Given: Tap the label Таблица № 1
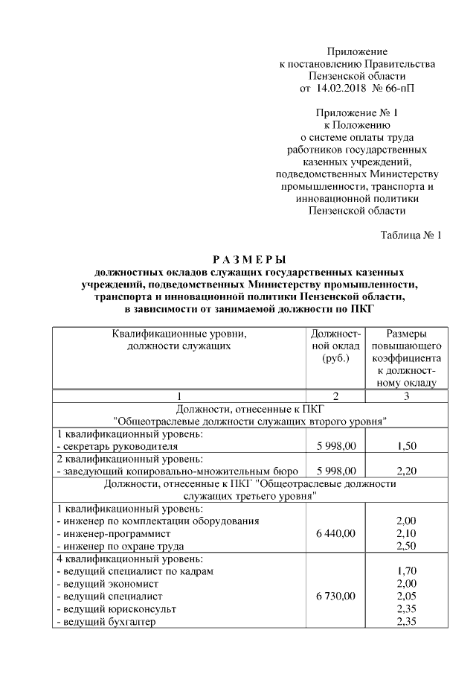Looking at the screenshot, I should [411, 235].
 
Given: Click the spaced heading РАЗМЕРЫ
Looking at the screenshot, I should [249, 260].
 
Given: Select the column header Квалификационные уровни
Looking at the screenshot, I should [179, 334].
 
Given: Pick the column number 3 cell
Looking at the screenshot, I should [406, 395].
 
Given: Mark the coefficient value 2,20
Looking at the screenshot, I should [406, 471].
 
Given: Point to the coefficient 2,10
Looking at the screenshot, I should [406, 533].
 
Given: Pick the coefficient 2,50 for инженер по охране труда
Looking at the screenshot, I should [406, 546].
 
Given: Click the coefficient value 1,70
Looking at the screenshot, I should [406, 571].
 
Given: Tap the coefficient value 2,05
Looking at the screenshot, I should [406, 597].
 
